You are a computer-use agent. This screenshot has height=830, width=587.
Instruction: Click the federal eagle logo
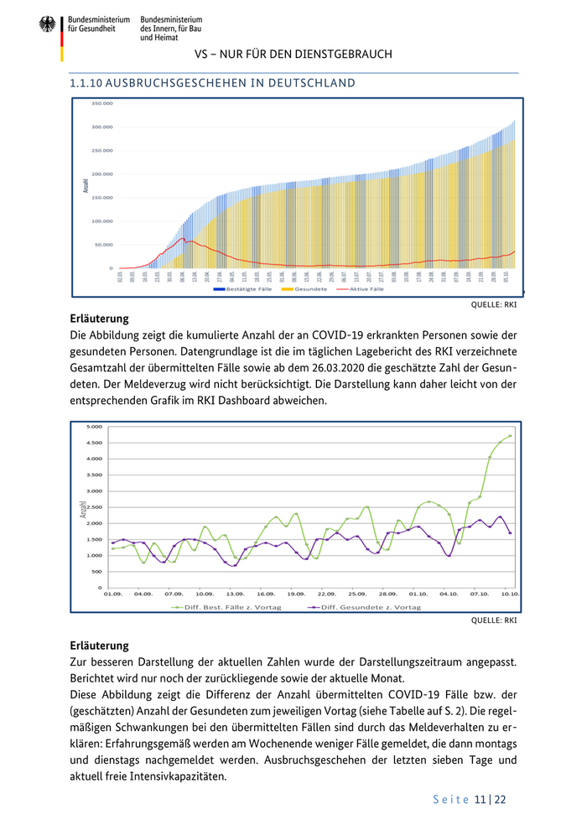coord(47,24)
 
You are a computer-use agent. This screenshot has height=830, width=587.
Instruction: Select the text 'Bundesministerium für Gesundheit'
coord(99,23)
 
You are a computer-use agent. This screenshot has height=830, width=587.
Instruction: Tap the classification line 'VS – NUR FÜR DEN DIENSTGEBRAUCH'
coord(293,54)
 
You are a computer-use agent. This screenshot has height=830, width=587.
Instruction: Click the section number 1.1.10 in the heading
coord(87,83)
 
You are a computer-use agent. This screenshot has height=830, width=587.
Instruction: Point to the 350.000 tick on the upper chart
coord(101,103)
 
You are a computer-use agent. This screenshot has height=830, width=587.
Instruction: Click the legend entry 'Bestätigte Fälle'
coord(243,288)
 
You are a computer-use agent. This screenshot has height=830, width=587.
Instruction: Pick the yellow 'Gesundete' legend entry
coord(308,288)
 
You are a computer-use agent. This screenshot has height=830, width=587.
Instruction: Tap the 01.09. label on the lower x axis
coord(112,594)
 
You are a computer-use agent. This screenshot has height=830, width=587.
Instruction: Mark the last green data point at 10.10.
coord(510,436)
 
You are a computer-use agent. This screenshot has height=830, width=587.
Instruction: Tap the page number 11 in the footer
coord(480,800)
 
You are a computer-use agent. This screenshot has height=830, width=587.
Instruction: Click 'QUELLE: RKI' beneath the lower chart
coord(495,622)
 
